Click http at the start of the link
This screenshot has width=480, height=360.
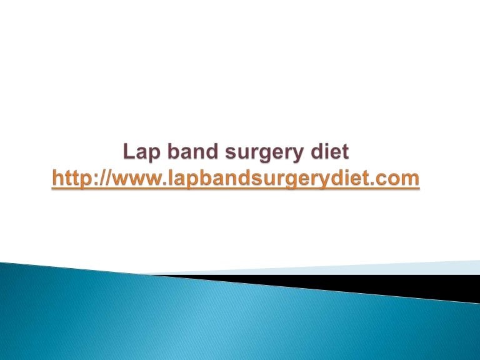[69, 179]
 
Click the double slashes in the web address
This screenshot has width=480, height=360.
[101, 179]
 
